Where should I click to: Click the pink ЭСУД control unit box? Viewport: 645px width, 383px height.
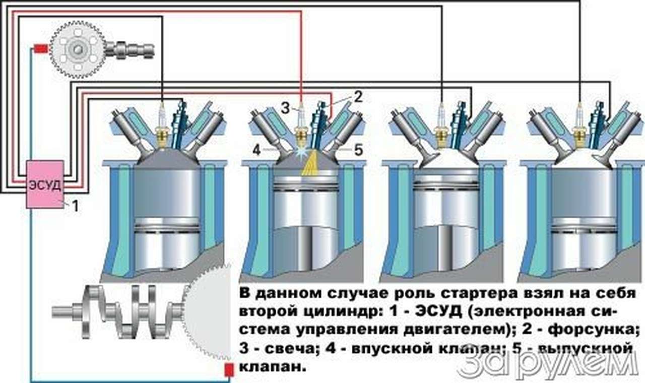coord(45,184)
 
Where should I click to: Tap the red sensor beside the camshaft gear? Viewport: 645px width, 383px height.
coord(41,49)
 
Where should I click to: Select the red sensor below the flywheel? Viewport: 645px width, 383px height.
coord(228,370)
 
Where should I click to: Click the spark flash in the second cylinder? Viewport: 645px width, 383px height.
coord(303,153)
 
